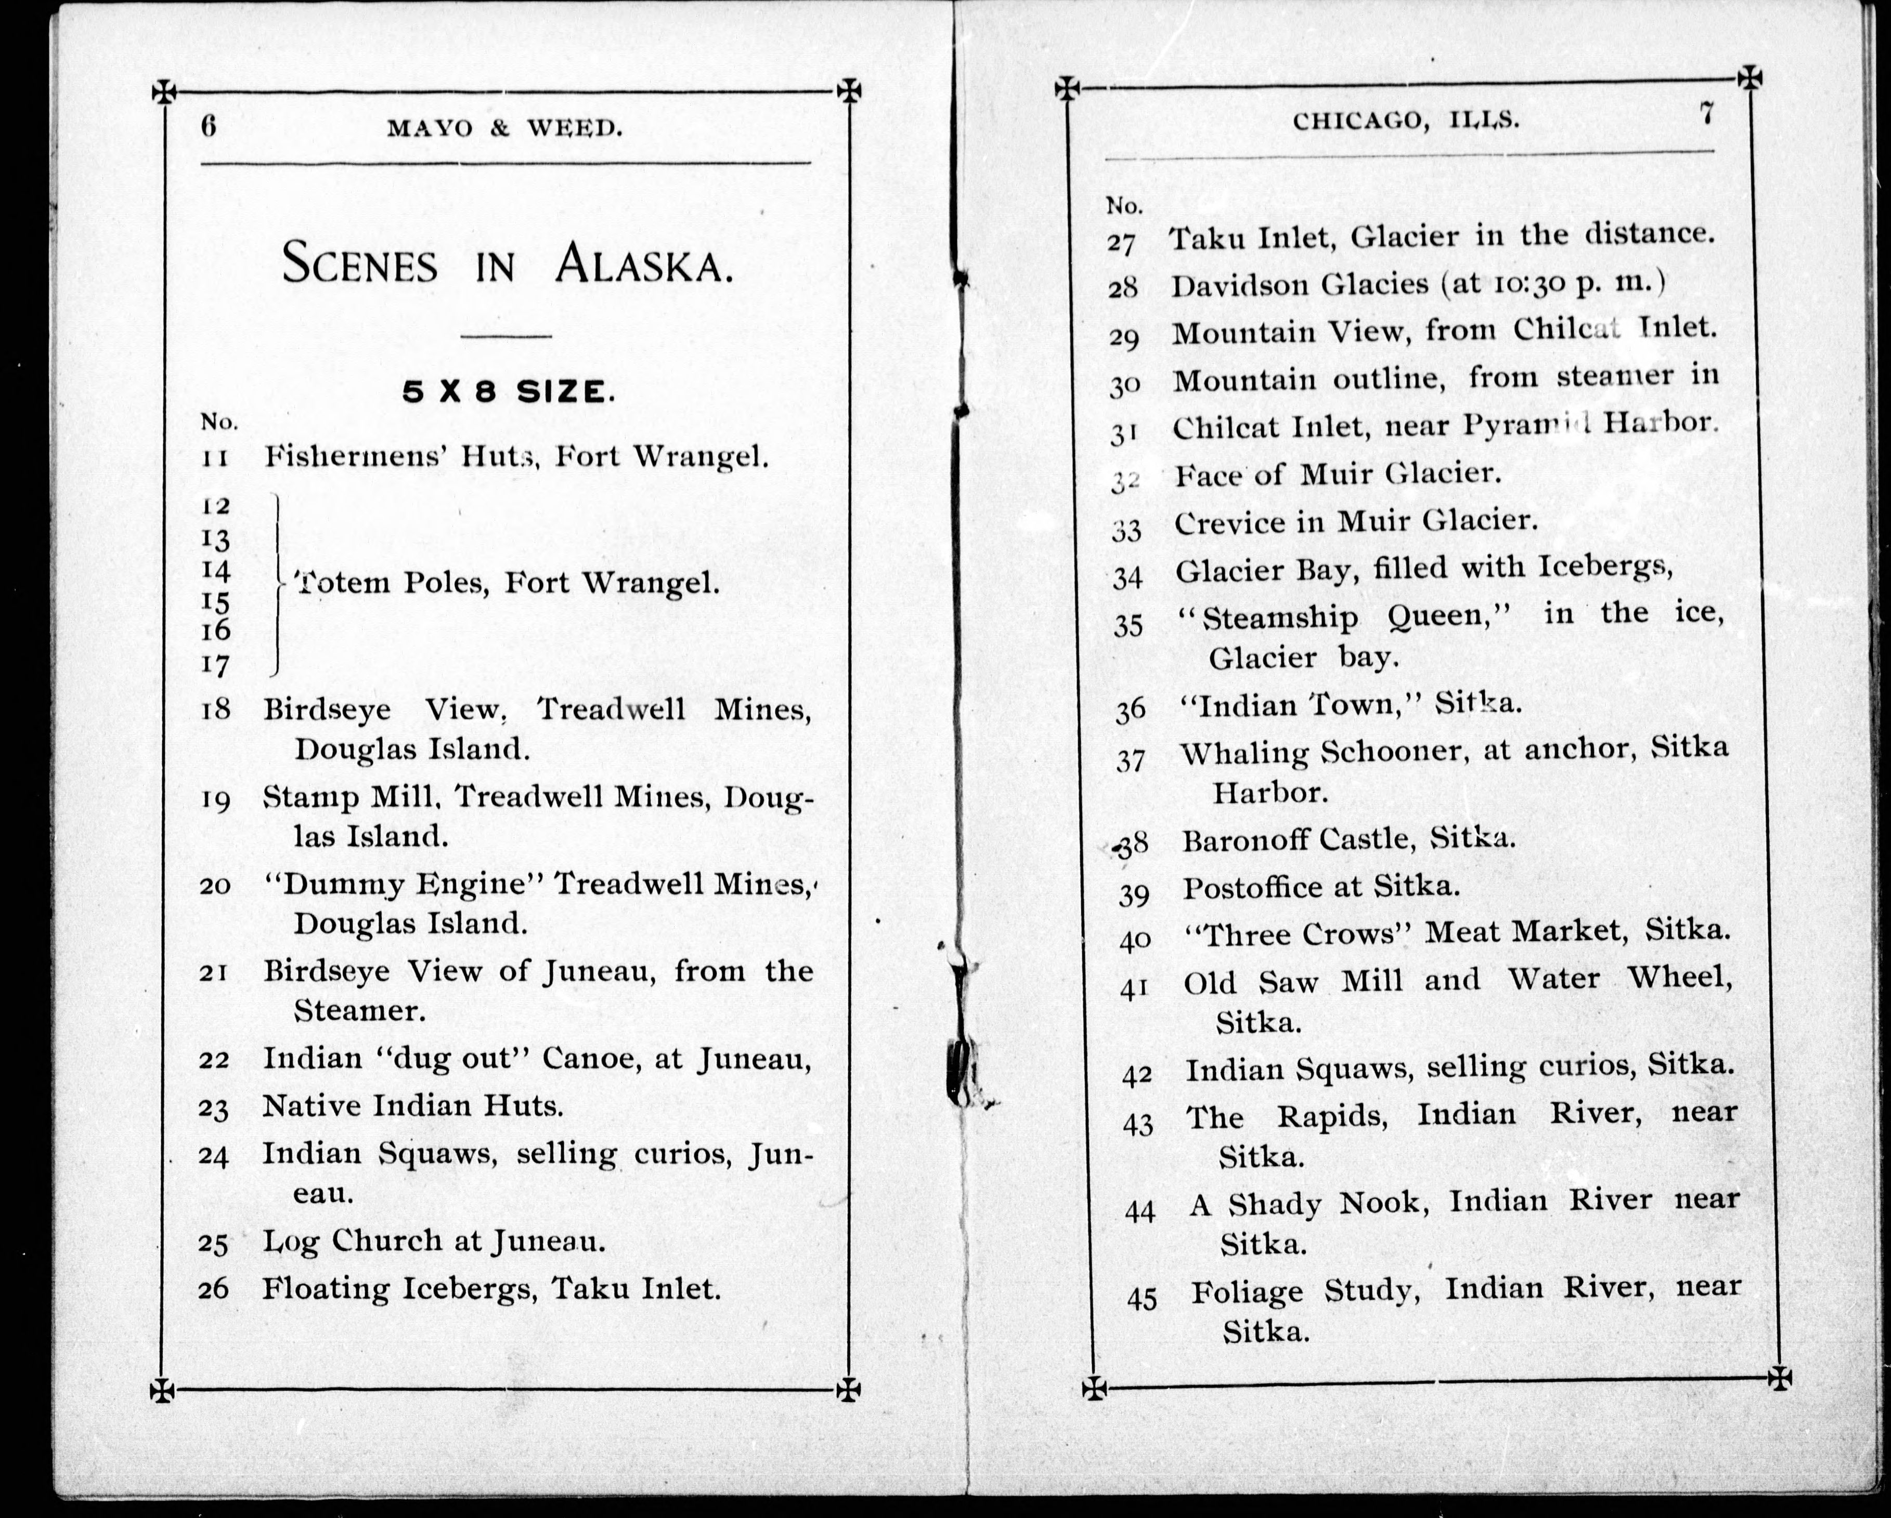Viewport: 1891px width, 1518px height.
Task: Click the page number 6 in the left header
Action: click(208, 126)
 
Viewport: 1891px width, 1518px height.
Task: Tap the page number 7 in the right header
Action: click(1706, 114)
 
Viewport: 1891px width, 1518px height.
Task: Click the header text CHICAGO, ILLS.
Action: click(1406, 120)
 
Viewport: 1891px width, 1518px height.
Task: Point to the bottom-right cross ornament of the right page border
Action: click(1780, 1378)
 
